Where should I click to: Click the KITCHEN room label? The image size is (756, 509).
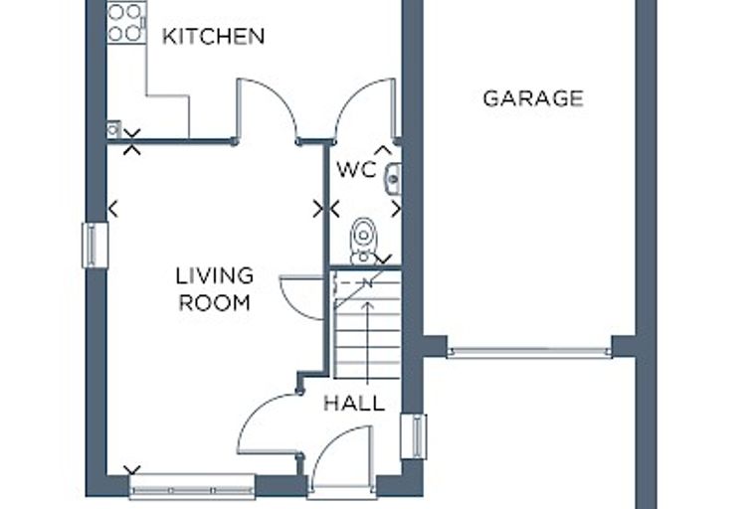[x=213, y=37]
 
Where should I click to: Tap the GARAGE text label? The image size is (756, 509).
[x=533, y=98]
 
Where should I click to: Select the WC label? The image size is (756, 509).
[x=356, y=169]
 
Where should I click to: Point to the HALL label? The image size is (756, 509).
[x=354, y=403]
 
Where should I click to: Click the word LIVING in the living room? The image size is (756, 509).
[x=215, y=275]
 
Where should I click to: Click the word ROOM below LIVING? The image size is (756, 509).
[x=215, y=302]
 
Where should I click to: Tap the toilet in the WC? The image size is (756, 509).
[x=363, y=241]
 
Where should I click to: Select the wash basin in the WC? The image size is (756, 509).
[x=394, y=179]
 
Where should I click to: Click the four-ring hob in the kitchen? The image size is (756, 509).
[x=126, y=23]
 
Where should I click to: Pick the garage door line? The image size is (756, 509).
[x=529, y=352]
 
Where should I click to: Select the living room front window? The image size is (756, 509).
[x=192, y=486]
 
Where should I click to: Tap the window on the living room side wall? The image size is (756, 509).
[x=94, y=245]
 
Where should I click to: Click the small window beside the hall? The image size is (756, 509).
[x=414, y=436]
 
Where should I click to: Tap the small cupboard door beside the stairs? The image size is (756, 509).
[x=300, y=297]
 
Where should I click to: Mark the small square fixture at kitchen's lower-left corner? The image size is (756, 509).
[x=113, y=129]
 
